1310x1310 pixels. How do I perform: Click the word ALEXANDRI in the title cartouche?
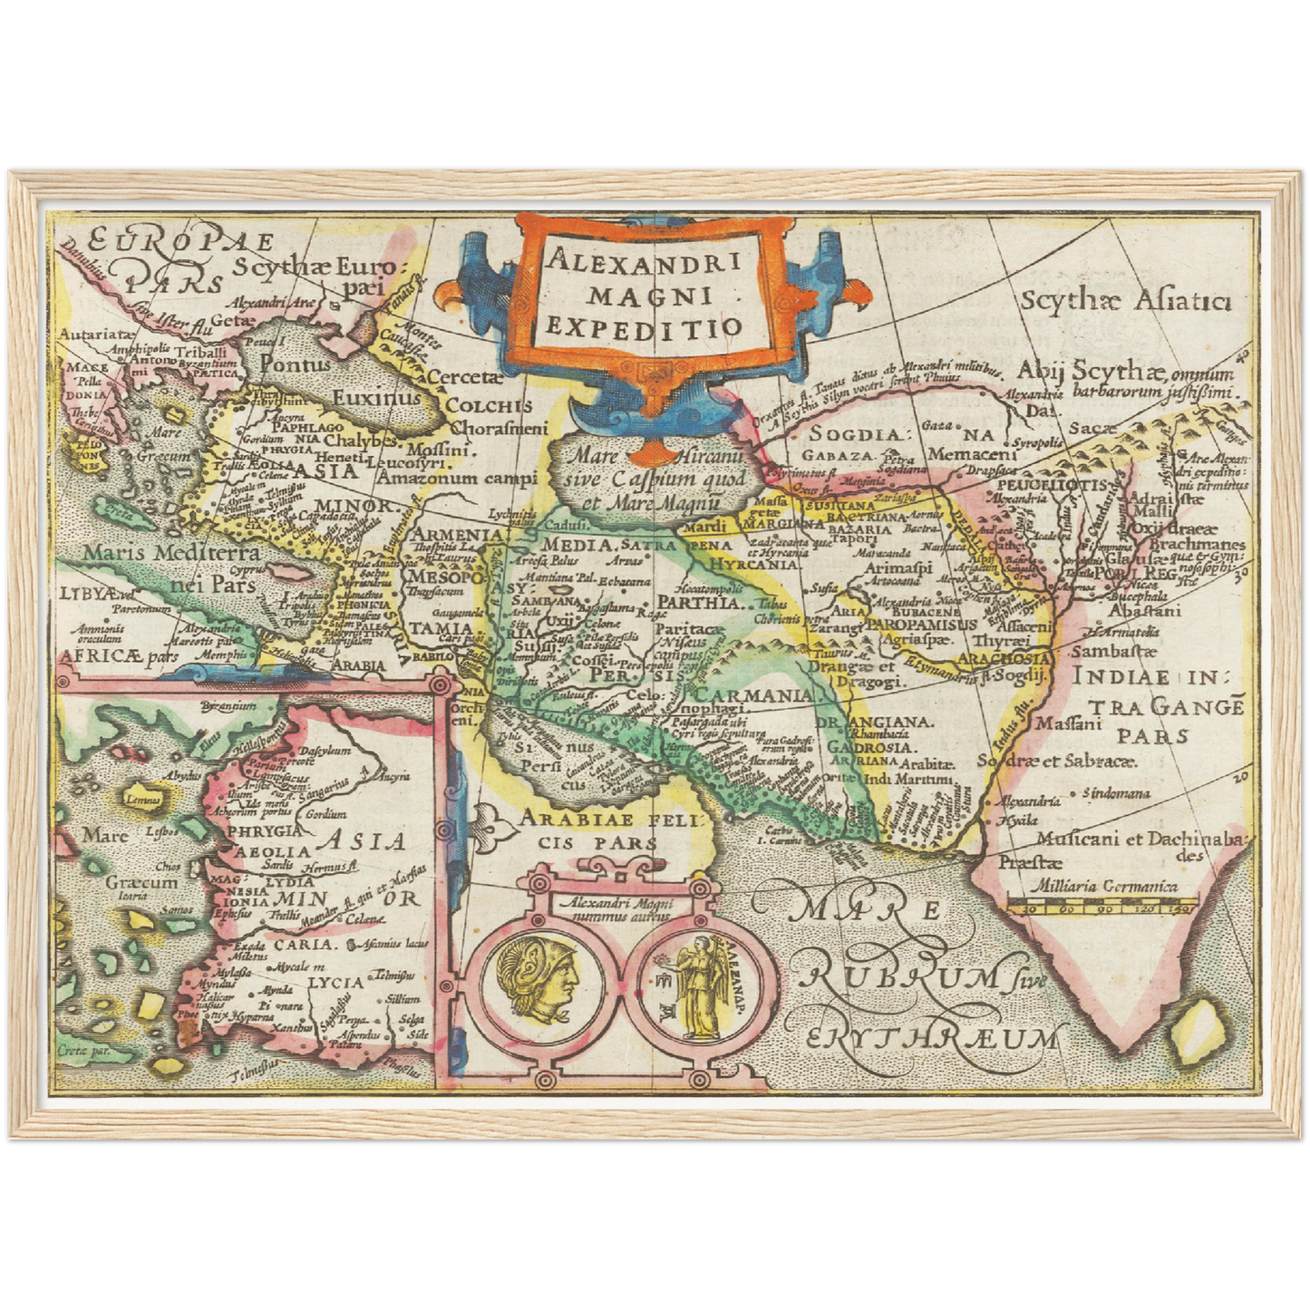click(x=645, y=262)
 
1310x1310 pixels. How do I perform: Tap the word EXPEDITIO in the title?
click(x=645, y=327)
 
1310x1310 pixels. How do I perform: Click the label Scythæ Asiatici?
click(x=1125, y=301)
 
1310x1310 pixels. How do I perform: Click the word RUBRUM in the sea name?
click(x=897, y=975)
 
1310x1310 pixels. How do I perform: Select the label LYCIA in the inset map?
click(x=335, y=981)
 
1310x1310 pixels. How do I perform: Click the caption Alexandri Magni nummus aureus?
click(x=616, y=909)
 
